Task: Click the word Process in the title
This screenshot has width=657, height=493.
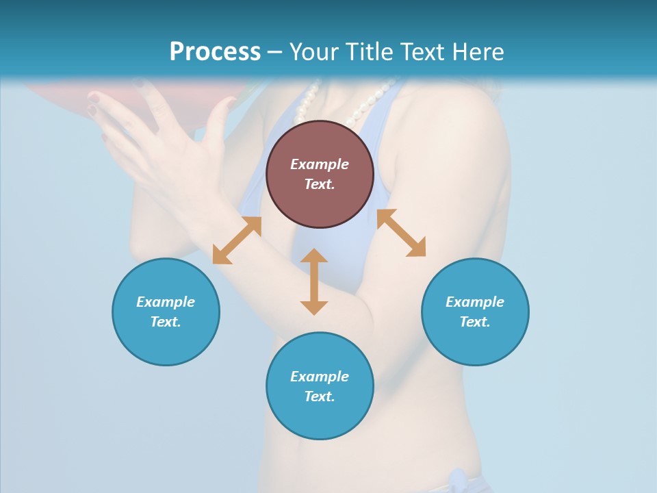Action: [x=215, y=52]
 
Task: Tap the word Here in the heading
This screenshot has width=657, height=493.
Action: [x=477, y=52]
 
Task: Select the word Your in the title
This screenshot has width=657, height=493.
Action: [x=311, y=52]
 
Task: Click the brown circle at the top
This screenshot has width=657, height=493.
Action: [x=320, y=174]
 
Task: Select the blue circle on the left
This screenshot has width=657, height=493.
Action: [x=166, y=312]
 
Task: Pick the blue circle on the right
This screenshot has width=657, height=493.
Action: [x=475, y=312]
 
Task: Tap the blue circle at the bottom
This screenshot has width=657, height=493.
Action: [x=320, y=386]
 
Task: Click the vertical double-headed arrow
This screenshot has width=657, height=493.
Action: [x=314, y=281]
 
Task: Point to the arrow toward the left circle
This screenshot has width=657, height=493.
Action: [x=237, y=240]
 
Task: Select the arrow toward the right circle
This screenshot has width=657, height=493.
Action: [x=401, y=233]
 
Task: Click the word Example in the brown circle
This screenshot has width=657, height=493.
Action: [x=320, y=164]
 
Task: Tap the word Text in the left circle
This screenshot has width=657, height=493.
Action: [x=166, y=322]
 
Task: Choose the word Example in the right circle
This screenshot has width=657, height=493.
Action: [x=475, y=302]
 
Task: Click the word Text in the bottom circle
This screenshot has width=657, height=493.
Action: [x=320, y=396]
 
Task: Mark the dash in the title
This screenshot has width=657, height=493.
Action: [x=274, y=52]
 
